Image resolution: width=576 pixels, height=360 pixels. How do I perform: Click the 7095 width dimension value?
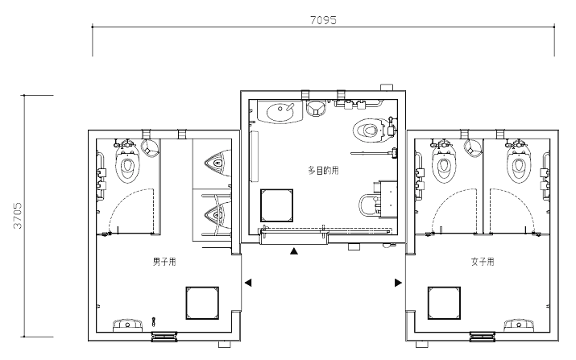pyautogui.click(x=323, y=20)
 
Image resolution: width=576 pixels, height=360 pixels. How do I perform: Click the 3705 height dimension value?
pyautogui.click(x=17, y=216)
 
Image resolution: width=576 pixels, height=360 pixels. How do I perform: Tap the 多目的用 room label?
pyautogui.click(x=323, y=171)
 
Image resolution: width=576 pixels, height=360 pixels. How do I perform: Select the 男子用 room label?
pyautogui.click(x=164, y=262)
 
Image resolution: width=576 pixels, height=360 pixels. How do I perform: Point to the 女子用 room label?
pyautogui.click(x=483, y=262)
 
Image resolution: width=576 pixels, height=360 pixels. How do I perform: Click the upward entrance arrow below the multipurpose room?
pyautogui.click(x=293, y=251)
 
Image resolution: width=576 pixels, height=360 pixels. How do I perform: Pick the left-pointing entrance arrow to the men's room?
pyautogui.click(x=248, y=283)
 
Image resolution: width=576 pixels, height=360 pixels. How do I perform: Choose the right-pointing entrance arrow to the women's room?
pyautogui.click(x=398, y=283)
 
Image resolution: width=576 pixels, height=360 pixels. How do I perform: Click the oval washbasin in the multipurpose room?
pyautogui.click(x=281, y=112)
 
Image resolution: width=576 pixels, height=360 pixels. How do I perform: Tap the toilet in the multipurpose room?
pyautogui.click(x=370, y=130)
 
